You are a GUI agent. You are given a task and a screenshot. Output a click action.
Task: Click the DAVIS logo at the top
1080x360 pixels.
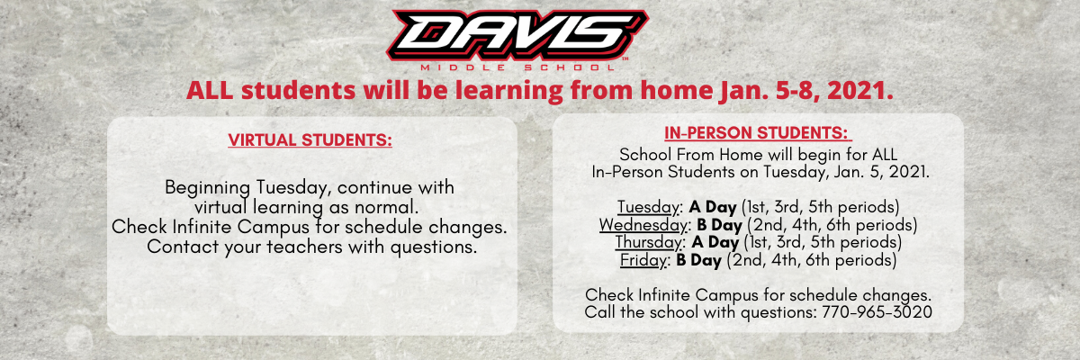[517, 35]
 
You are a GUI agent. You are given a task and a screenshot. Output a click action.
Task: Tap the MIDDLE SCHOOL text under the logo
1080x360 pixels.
[517, 67]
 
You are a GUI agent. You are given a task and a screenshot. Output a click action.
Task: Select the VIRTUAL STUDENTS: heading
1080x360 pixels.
[310, 140]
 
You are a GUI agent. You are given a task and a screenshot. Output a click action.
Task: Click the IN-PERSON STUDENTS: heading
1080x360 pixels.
[758, 133]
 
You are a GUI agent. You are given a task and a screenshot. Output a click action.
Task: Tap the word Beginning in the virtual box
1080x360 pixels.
[207, 187]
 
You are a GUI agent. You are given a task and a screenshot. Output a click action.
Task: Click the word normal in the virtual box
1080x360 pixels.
[386, 207]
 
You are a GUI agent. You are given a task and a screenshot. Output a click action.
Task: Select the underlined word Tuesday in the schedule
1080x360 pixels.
[649, 207]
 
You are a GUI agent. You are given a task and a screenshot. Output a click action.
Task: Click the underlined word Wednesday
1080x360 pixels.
[643, 225]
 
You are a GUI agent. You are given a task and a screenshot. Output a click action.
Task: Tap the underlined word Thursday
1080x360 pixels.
[649, 242]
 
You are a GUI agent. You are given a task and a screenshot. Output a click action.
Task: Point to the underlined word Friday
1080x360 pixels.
[643, 260]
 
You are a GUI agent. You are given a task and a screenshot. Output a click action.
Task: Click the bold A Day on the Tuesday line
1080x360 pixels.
[713, 207]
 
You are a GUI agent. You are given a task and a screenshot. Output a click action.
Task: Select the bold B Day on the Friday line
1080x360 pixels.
[698, 260]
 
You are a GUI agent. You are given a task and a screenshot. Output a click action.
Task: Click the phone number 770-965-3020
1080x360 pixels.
[877, 312]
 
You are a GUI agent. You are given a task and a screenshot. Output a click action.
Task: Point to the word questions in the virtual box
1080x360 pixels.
[434, 247]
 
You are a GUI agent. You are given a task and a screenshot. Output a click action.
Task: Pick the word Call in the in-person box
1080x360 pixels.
[600, 312]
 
